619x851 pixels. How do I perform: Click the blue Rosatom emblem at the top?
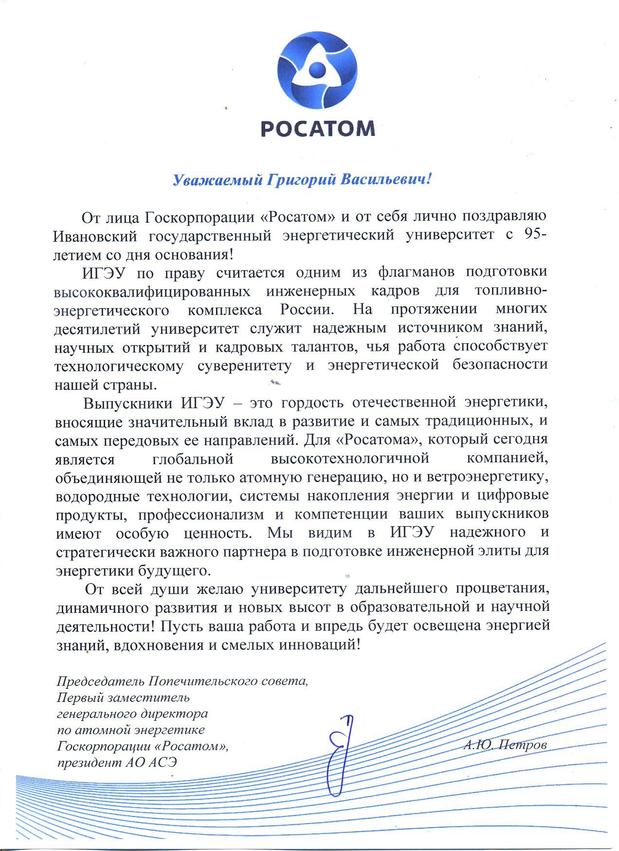pyautogui.click(x=317, y=70)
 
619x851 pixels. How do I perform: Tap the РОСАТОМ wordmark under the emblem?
pyautogui.click(x=318, y=129)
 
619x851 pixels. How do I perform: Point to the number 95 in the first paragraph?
pyautogui.click(x=532, y=234)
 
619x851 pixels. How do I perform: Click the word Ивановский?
pyautogui.click(x=95, y=236)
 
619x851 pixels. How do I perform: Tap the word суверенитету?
pyautogui.click(x=244, y=365)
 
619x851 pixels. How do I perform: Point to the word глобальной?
pyautogui.click(x=193, y=459)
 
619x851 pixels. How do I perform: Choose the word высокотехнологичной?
pyautogui.click(x=350, y=458)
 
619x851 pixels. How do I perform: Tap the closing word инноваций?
pyautogui.click(x=319, y=645)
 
